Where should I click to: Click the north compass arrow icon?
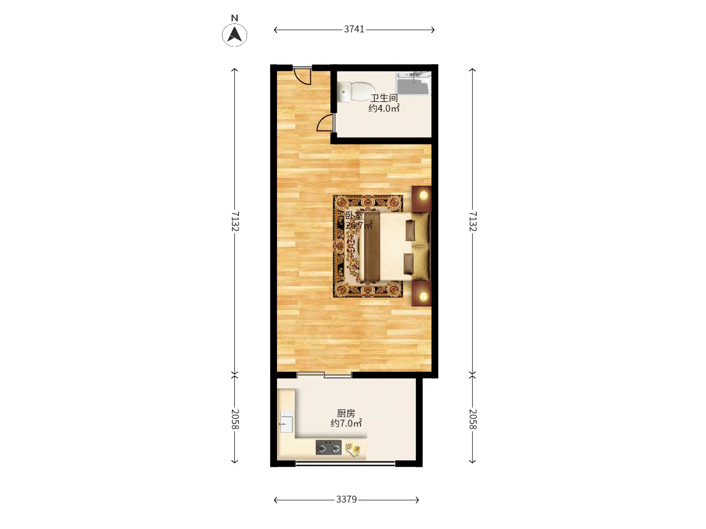pos(235,35)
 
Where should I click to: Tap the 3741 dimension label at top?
pos(354,29)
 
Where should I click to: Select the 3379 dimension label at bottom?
pos(346,500)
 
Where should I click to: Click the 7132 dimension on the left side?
pos(235,221)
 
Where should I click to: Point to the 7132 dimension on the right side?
pos(473,221)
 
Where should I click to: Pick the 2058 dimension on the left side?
pos(235,419)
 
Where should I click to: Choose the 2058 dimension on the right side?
pos(473,419)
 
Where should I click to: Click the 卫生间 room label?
pos(384,98)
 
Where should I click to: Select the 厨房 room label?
pos(346,413)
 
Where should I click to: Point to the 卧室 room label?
pos(354,216)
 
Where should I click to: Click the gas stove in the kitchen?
pos(328,447)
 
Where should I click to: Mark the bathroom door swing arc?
pos(325,123)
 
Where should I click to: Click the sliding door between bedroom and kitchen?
pos(324,375)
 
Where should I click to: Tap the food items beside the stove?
pos(353,448)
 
